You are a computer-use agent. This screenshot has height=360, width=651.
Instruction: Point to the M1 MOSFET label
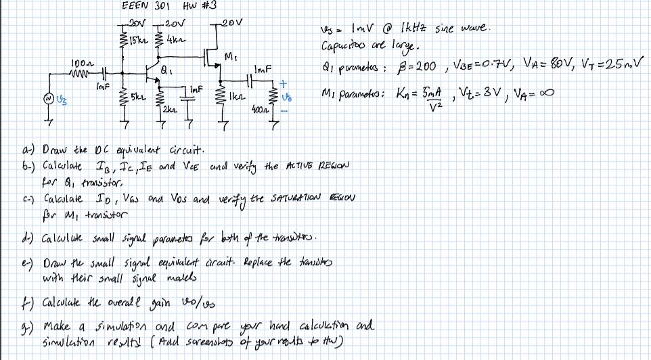point(231,55)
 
